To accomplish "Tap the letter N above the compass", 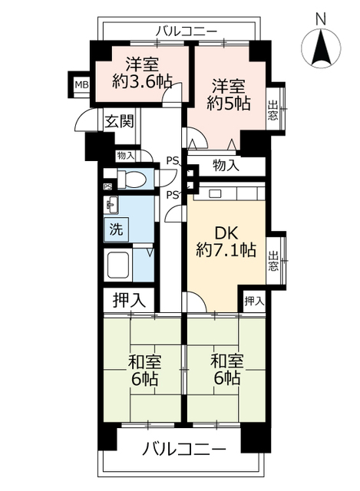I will (322, 17).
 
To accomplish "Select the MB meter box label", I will (80, 84).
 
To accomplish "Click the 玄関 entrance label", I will (119, 120).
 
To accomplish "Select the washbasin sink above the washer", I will (113, 205).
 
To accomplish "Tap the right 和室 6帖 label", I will (224, 367).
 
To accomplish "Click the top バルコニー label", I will (185, 31).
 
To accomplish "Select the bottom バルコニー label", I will (184, 448).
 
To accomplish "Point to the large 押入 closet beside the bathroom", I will (129, 298).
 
